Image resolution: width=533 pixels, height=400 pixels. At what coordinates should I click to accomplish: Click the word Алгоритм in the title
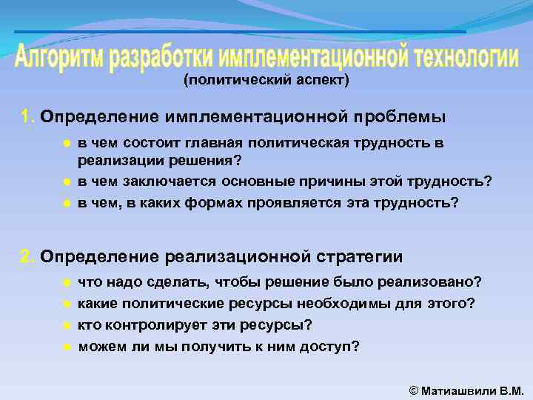tap(59, 59)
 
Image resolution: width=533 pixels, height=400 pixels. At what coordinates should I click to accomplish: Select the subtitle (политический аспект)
tap(266, 80)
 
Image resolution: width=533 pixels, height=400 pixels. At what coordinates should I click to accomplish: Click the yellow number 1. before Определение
tap(27, 117)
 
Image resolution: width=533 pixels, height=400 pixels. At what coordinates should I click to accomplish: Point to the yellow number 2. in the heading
tap(27, 257)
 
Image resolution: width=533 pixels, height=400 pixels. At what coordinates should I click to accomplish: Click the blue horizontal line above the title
tap(241, 32)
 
